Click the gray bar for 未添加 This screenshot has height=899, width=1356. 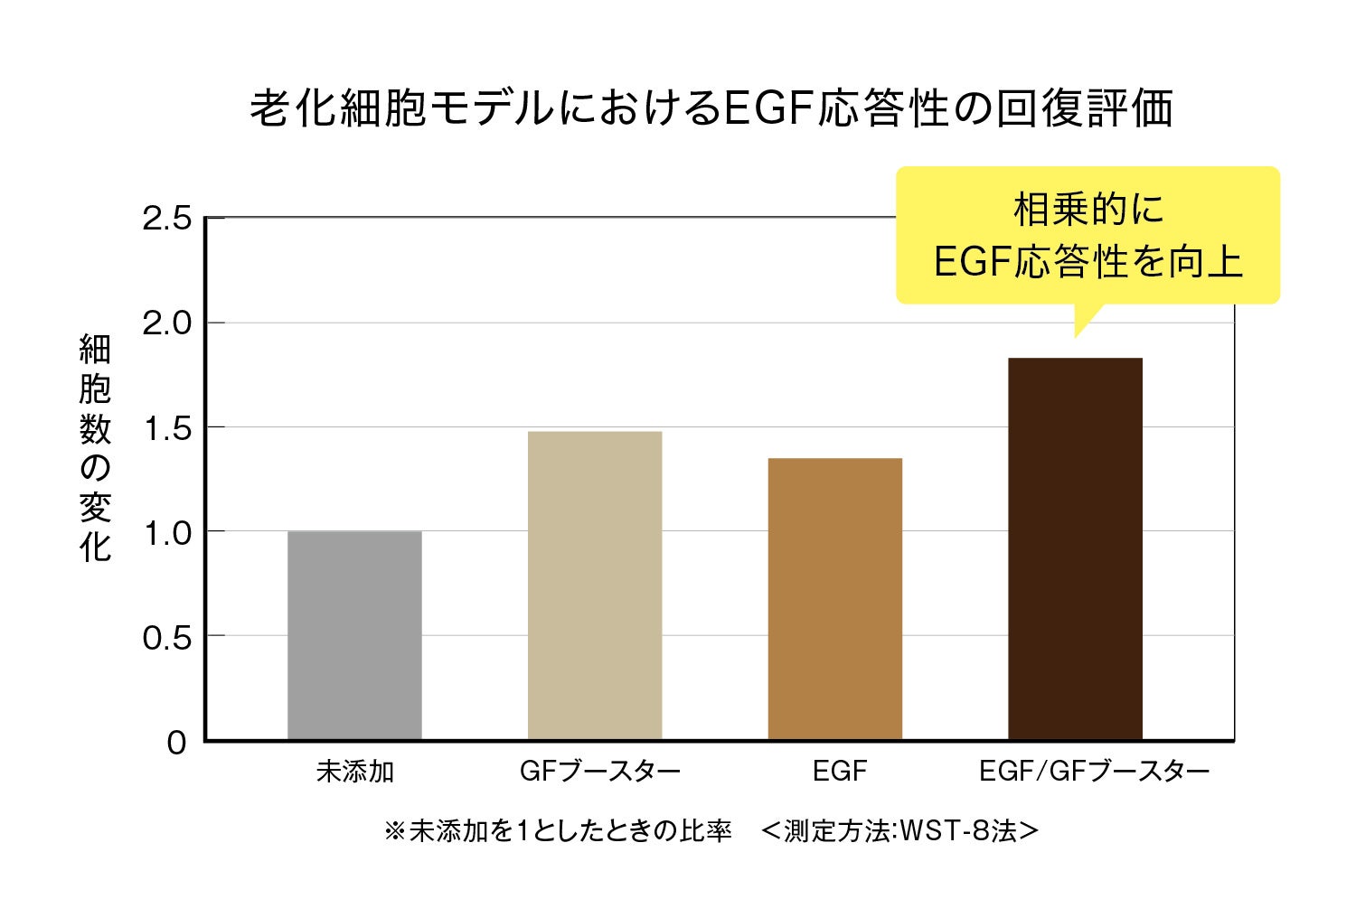pyautogui.click(x=354, y=635)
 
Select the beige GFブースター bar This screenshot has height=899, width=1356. pyautogui.click(x=595, y=585)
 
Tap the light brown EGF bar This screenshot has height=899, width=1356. pyautogui.click(x=834, y=599)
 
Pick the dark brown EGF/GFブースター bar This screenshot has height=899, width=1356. pyautogui.click(x=1075, y=548)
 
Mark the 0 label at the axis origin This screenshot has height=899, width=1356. pyautogui.click(x=176, y=743)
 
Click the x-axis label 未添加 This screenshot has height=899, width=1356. pyautogui.click(x=354, y=772)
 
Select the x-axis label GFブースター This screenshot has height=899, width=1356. pyautogui.click(x=599, y=772)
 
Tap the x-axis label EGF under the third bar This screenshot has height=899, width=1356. pyautogui.click(x=839, y=772)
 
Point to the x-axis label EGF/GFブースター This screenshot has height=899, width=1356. pyautogui.click(x=1094, y=772)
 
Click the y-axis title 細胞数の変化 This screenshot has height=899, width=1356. pyautogui.click(x=95, y=448)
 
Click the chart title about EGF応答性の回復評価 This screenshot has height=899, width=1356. pyautogui.click(x=711, y=108)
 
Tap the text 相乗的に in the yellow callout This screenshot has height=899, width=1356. pyautogui.click(x=1088, y=210)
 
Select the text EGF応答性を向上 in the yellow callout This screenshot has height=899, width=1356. pyautogui.click(x=1088, y=262)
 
